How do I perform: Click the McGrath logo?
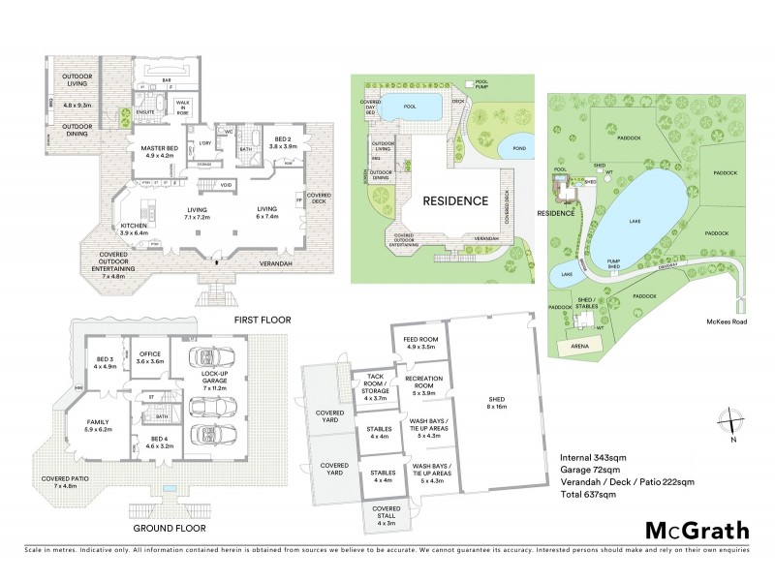click(x=696, y=530)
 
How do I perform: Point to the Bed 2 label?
click(x=282, y=142)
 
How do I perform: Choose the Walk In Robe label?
click(x=182, y=107)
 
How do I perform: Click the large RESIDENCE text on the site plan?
click(x=454, y=201)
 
